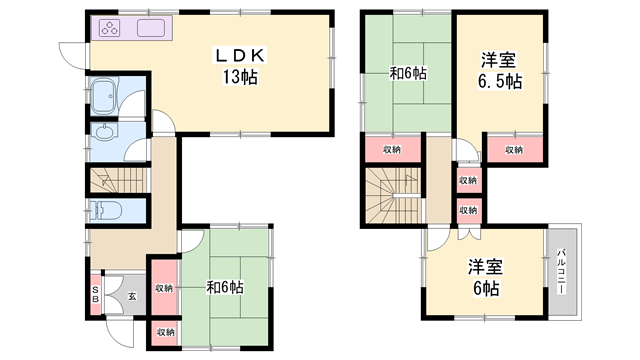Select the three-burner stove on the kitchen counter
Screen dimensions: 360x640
point(110,28)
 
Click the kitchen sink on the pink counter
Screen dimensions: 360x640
point(151,28)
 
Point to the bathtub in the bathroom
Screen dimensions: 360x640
point(102,97)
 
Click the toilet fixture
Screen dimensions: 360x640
point(106,211)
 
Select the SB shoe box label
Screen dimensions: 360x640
point(94,294)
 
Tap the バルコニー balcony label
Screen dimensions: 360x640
point(562,270)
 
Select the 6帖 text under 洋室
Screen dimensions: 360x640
point(487,288)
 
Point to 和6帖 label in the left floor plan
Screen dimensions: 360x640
point(225,288)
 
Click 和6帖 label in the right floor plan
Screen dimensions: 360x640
point(408,73)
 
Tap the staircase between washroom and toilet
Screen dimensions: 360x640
point(116,180)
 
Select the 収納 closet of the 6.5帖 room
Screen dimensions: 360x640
point(513,150)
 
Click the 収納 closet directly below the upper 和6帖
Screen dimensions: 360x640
point(391,150)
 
